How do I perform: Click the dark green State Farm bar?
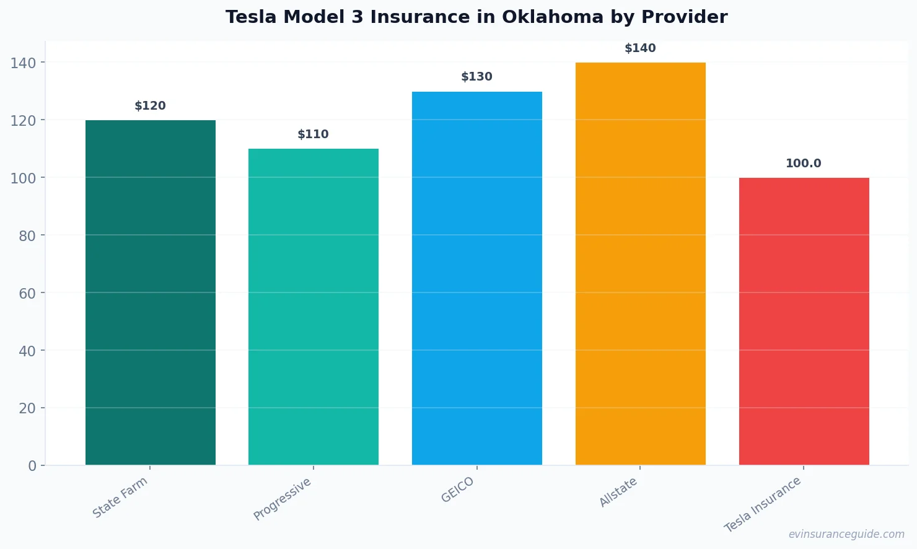(151, 292)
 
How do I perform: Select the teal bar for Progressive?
(314, 307)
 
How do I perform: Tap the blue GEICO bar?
(477, 278)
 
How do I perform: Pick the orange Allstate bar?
(640, 263)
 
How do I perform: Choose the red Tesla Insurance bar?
(804, 321)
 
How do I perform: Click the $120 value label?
(151, 106)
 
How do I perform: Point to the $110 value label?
(314, 134)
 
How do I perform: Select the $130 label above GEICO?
(477, 77)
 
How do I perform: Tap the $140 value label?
(640, 48)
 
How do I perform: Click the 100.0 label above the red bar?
(804, 164)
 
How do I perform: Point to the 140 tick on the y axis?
(23, 63)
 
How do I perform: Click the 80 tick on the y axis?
(27, 235)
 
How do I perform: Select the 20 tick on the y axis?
(27, 408)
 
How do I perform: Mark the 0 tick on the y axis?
(32, 466)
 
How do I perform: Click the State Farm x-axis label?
(120, 498)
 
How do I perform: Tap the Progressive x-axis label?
(283, 499)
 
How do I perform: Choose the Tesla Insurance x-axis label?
(763, 504)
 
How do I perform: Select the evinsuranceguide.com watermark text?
(846, 534)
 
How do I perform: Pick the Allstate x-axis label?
(618, 493)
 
